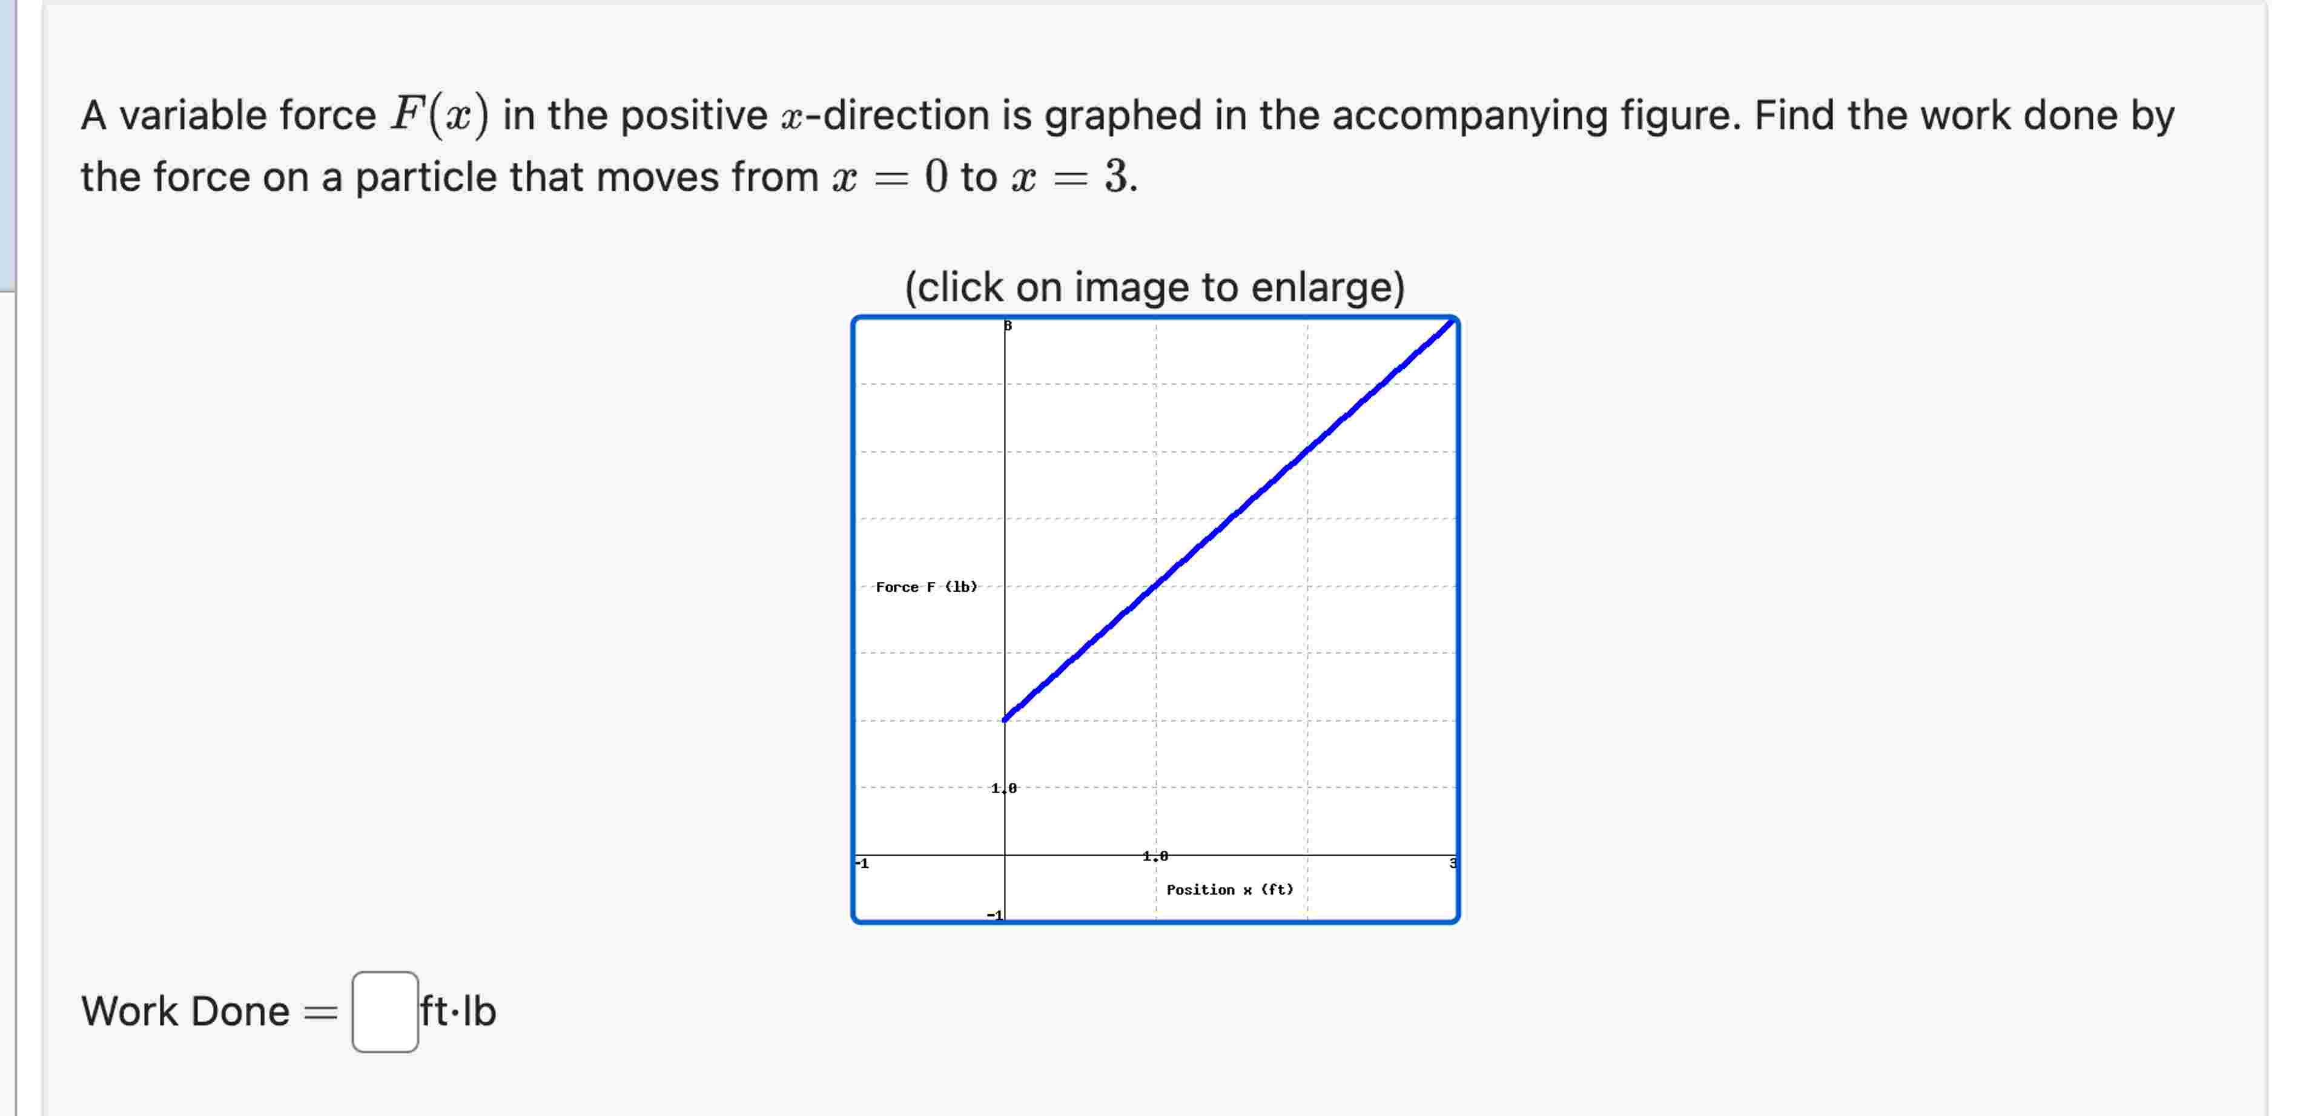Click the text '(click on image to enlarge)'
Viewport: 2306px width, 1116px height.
[1154, 287]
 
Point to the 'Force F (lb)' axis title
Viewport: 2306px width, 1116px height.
[926, 587]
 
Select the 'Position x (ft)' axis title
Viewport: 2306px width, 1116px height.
[1229, 890]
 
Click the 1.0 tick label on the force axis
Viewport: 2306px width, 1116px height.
[1003, 788]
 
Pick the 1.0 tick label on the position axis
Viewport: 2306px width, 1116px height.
[1155, 856]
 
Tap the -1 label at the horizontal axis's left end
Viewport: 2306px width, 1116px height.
[862, 863]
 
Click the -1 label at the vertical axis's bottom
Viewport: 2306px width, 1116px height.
[994, 914]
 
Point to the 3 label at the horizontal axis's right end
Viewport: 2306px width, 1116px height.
[1452, 863]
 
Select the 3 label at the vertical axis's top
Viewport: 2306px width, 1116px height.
[1008, 326]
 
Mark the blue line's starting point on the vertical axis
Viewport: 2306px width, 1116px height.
[1005, 719]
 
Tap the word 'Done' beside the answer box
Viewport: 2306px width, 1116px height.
[239, 1011]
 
